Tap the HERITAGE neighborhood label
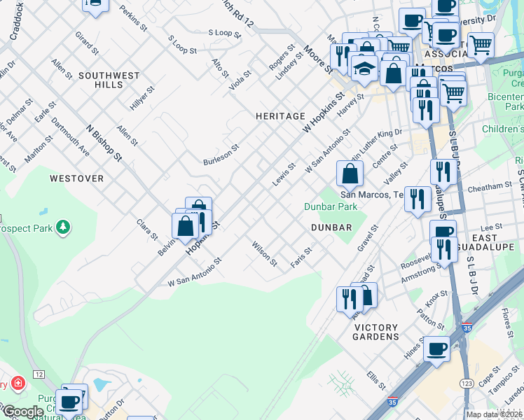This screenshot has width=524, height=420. pos(280,116)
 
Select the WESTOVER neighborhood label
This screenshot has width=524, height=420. pos(76,178)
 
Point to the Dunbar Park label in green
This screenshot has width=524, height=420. pos(331,206)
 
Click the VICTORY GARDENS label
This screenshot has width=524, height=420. pos(376,332)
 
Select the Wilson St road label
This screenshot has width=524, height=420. pos(265,255)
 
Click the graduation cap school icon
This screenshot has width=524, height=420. pos(364,68)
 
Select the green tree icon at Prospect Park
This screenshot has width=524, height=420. pos(64,227)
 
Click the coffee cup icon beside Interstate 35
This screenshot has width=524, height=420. pos(438,348)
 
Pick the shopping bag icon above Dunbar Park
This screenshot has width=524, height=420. pos(350,173)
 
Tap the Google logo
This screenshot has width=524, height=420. pos(22,412)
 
